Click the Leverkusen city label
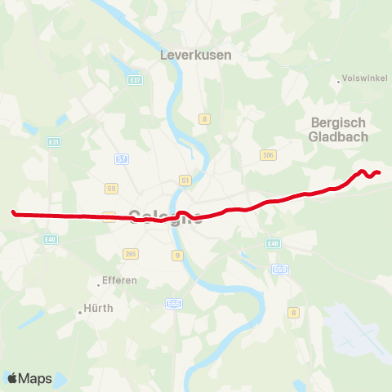coord(196,55)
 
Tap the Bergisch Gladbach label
coord(341,130)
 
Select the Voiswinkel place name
coord(361,80)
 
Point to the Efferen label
coord(121,280)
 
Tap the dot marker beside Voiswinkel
coord(338,80)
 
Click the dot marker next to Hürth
coord(80,310)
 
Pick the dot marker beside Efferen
coord(98,284)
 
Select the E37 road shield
coord(136,79)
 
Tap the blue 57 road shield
coord(122,158)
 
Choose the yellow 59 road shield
coord(112,188)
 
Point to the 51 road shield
coord(185,180)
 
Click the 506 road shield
coord(267,154)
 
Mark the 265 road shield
coord(130,254)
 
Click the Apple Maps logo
coord(29,378)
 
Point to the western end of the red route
coord(14,213)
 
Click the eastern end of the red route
coord(380,171)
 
